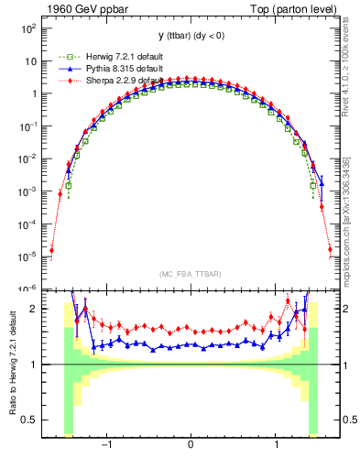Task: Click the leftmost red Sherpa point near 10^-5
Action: tap(51, 249)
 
